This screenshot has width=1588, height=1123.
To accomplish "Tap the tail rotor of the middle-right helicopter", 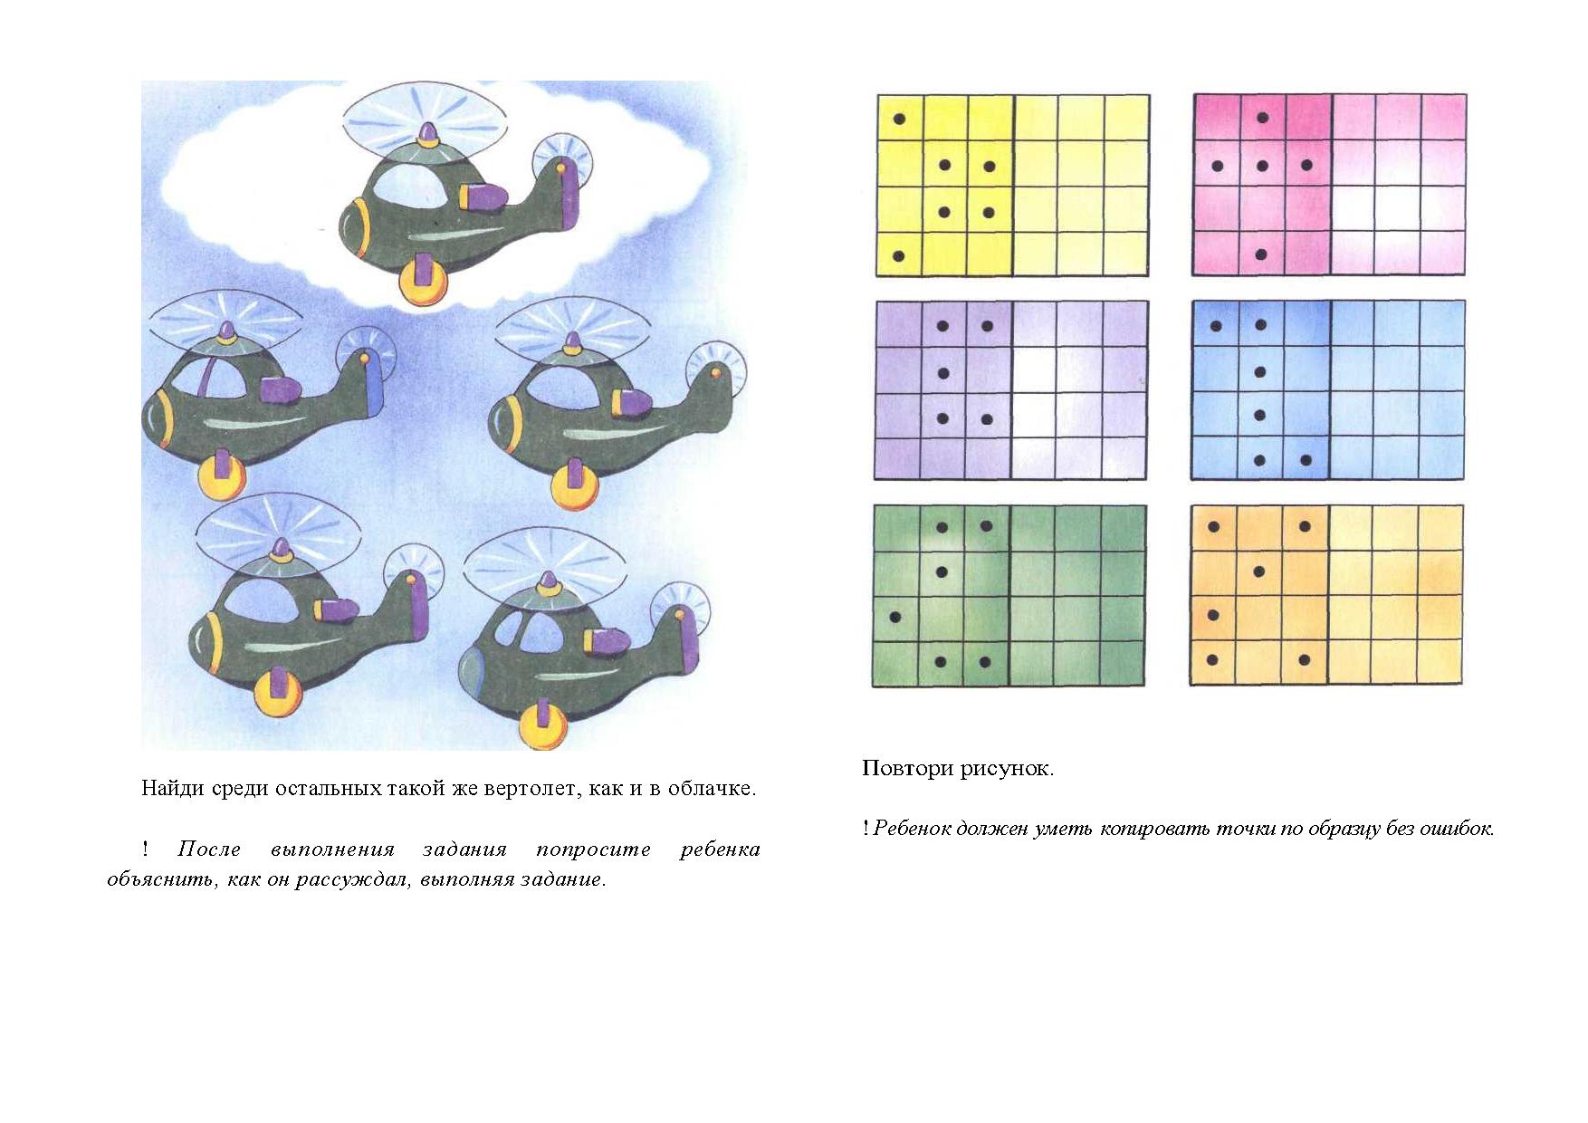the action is tap(716, 372).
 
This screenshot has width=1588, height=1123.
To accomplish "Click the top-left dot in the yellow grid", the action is tap(900, 119).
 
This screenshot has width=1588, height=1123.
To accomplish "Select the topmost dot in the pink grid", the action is tap(1262, 118).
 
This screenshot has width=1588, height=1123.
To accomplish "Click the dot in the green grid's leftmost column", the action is tap(896, 618).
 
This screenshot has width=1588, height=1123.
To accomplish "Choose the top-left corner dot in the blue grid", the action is tap(1216, 326).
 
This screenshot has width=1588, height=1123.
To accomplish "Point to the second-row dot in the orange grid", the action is tap(1259, 571).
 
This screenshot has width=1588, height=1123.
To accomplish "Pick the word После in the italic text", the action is tap(209, 849).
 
